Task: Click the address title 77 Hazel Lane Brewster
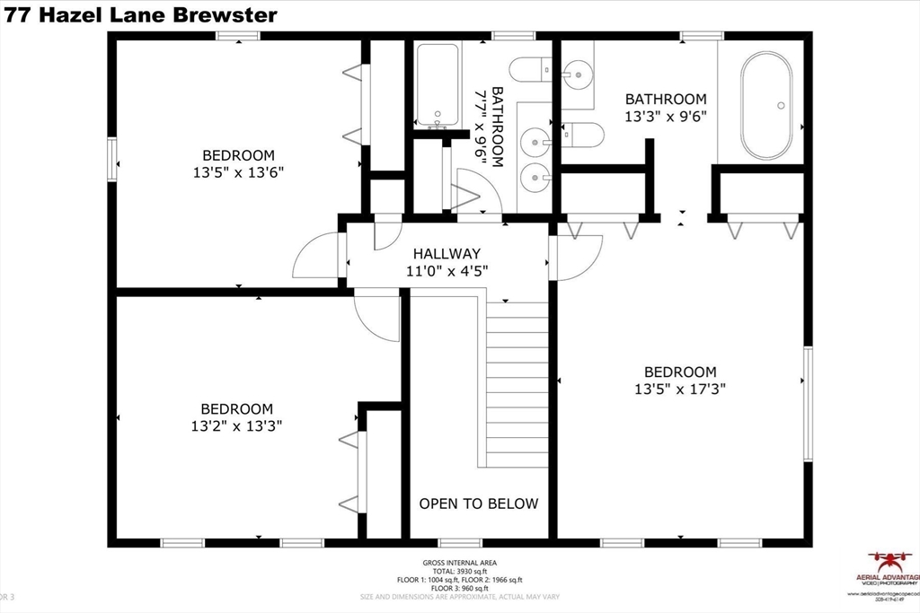pyautogui.click(x=140, y=14)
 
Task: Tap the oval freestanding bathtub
pyautogui.click(x=766, y=105)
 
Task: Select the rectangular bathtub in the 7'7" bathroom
pyautogui.click(x=438, y=84)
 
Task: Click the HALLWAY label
pyautogui.click(x=447, y=253)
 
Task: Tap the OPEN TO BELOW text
pyautogui.click(x=479, y=504)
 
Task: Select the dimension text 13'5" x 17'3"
pyautogui.click(x=680, y=390)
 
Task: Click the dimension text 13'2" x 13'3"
pyautogui.click(x=237, y=426)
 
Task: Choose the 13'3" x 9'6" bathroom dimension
pyautogui.click(x=666, y=117)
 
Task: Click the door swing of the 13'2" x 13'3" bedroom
pyautogui.click(x=377, y=316)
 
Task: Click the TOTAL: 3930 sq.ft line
pyautogui.click(x=459, y=571)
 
